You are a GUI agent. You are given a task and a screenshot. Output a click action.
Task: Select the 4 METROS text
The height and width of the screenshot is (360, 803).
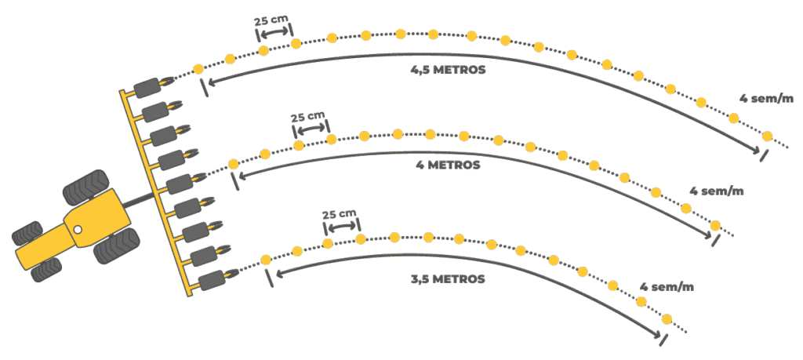coord(448,165)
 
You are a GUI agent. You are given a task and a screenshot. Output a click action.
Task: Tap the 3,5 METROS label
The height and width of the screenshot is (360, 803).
coord(448,278)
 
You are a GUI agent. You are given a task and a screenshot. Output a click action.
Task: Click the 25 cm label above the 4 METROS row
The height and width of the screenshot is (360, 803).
coord(306,118)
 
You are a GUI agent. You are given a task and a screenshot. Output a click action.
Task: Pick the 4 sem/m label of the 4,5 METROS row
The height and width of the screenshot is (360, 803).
coord(767,99)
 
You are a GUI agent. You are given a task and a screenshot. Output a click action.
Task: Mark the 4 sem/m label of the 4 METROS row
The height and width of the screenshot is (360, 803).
coord(716,191)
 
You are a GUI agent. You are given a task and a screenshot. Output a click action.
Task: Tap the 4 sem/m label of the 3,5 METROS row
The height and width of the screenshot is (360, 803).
coord(667,286)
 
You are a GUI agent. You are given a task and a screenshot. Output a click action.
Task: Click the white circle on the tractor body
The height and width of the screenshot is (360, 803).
coord(78,229)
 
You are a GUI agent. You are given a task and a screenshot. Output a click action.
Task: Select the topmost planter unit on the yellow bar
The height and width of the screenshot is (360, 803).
coord(147,86)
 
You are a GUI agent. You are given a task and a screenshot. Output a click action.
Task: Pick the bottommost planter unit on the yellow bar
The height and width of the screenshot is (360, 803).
coord(213,279)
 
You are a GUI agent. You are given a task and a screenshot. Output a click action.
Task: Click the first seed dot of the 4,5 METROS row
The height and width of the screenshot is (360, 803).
coord(198,68)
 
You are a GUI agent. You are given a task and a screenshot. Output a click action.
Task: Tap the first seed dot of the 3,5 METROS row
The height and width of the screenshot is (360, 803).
coord(265,260)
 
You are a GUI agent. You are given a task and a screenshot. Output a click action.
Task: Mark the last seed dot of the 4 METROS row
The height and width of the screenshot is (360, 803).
coord(715,226)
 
